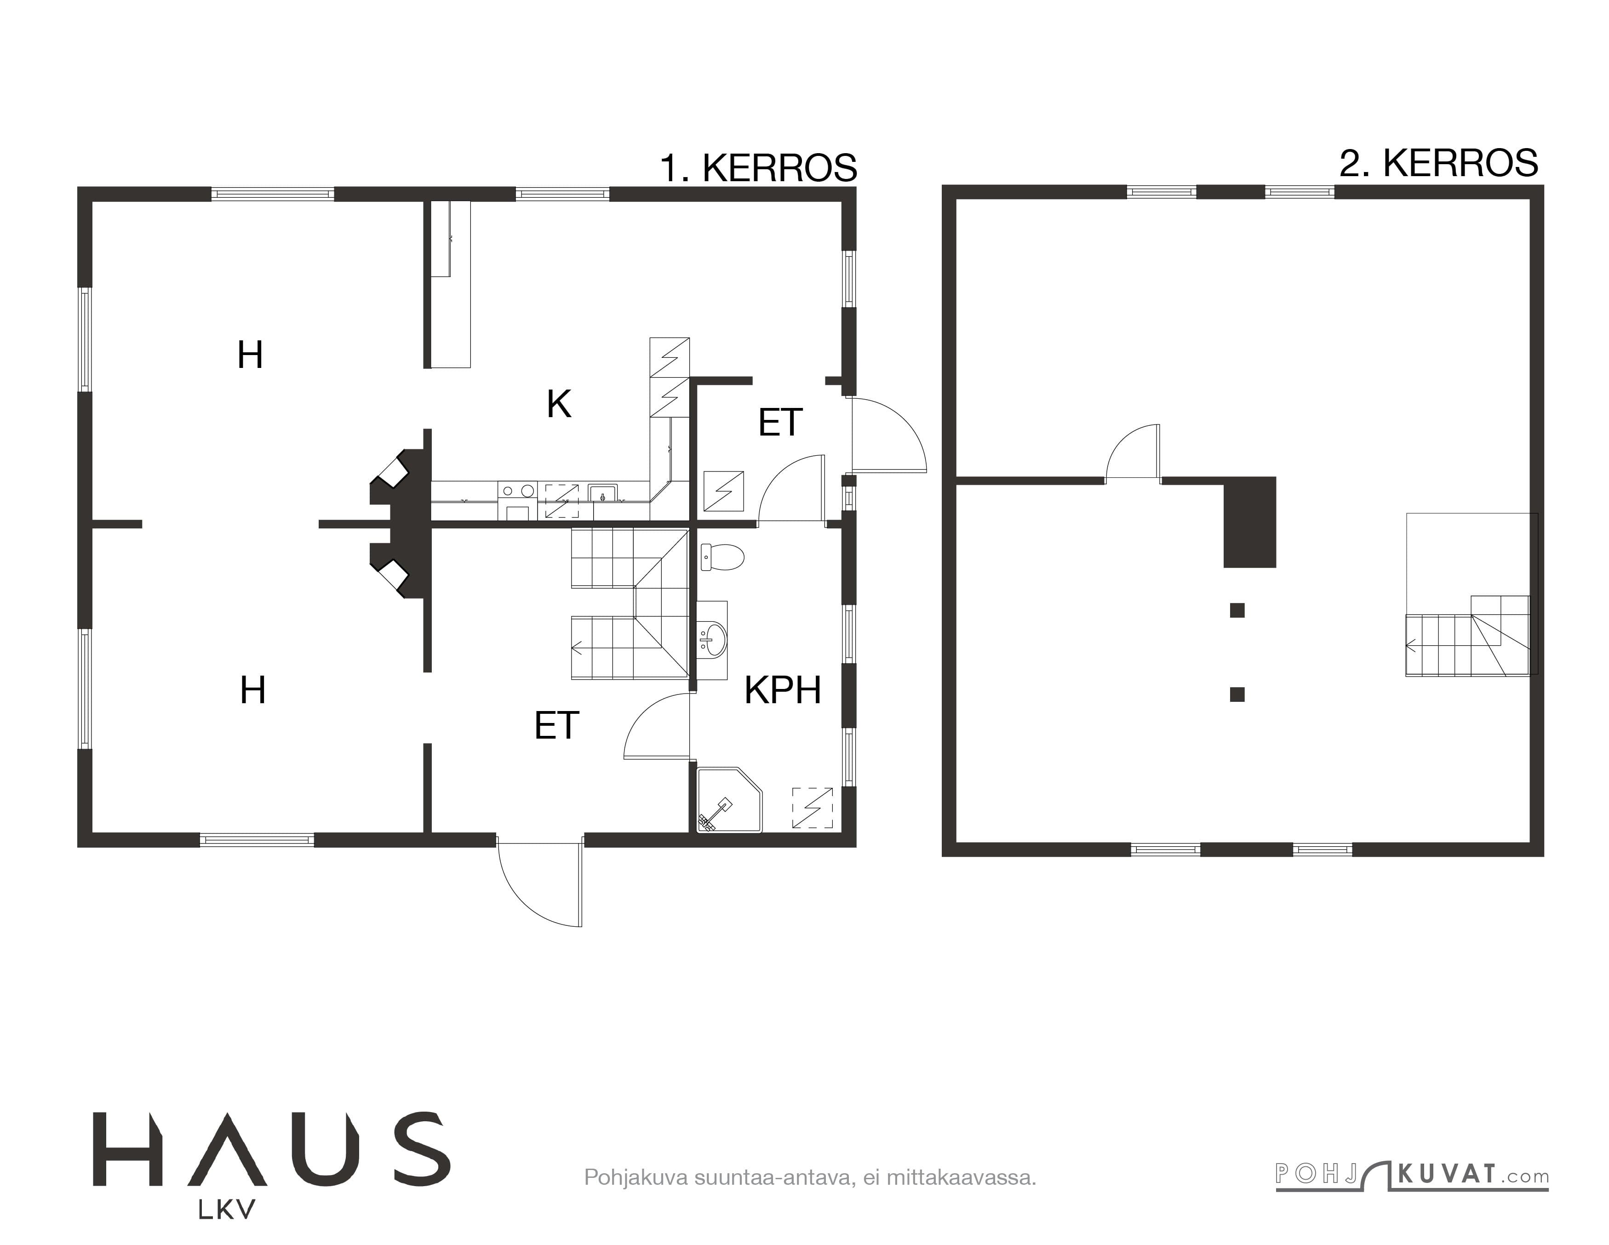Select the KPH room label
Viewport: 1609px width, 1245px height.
click(782, 690)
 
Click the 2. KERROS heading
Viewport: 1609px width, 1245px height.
click(1438, 163)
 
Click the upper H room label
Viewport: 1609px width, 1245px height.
click(251, 355)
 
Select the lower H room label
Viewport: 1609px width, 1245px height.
click(253, 690)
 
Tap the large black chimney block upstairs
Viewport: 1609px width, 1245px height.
click(1249, 522)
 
